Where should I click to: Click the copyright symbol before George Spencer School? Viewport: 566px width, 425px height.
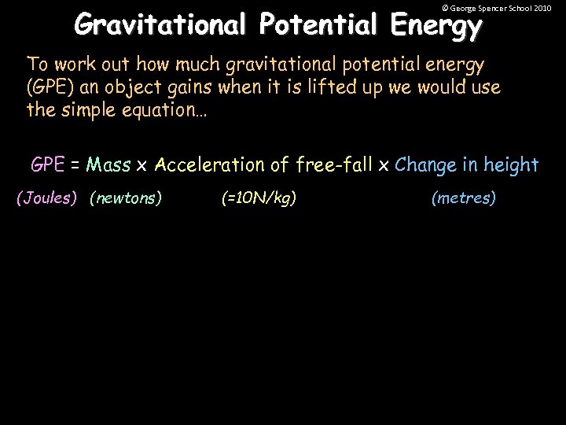point(445,8)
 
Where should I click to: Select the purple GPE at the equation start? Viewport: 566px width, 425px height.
point(47,165)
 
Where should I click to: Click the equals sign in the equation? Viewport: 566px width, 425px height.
point(75,165)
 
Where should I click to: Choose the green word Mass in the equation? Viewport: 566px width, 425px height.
point(108,165)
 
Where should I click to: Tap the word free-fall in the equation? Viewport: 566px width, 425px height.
point(333,165)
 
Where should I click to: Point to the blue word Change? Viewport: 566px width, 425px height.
point(427,165)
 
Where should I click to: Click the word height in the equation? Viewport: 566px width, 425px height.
point(511,165)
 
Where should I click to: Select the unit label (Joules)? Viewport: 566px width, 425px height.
point(47,198)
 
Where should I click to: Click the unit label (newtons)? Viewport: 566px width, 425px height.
point(126,198)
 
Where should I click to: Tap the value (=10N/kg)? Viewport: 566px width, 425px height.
point(259,198)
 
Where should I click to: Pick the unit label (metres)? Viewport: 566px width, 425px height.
point(464,198)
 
